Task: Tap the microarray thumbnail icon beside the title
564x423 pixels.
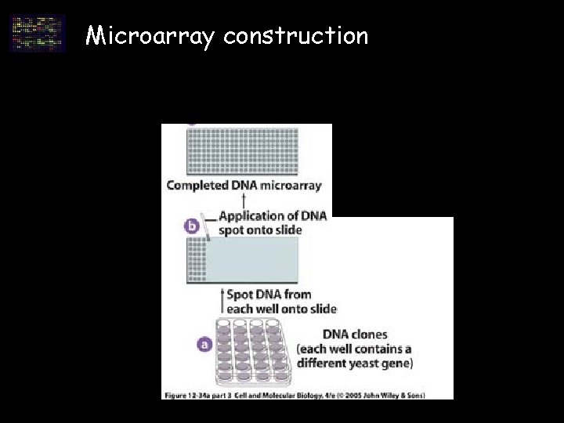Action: pos(38,34)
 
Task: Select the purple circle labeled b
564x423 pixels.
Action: pos(193,227)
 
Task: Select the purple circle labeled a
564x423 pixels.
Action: pos(205,343)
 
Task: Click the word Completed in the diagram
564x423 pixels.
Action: pos(196,186)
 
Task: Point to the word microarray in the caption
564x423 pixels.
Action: pos(291,186)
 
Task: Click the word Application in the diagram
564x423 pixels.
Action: pos(251,216)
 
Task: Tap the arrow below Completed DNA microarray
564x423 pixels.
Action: pos(244,202)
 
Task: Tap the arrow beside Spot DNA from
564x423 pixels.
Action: pos(220,301)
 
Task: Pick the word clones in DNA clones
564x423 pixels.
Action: pos(368,335)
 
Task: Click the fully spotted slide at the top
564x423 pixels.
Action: pos(246,150)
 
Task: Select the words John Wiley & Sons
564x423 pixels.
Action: pos(398,395)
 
